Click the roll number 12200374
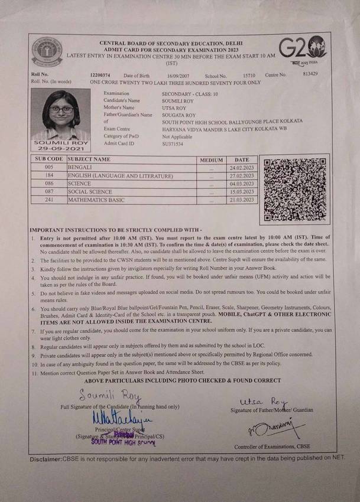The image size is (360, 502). click(x=100, y=76)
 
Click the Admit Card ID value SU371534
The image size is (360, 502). click(x=173, y=144)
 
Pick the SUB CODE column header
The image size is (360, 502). click(x=48, y=159)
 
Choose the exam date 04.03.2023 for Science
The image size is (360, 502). click(x=241, y=184)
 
